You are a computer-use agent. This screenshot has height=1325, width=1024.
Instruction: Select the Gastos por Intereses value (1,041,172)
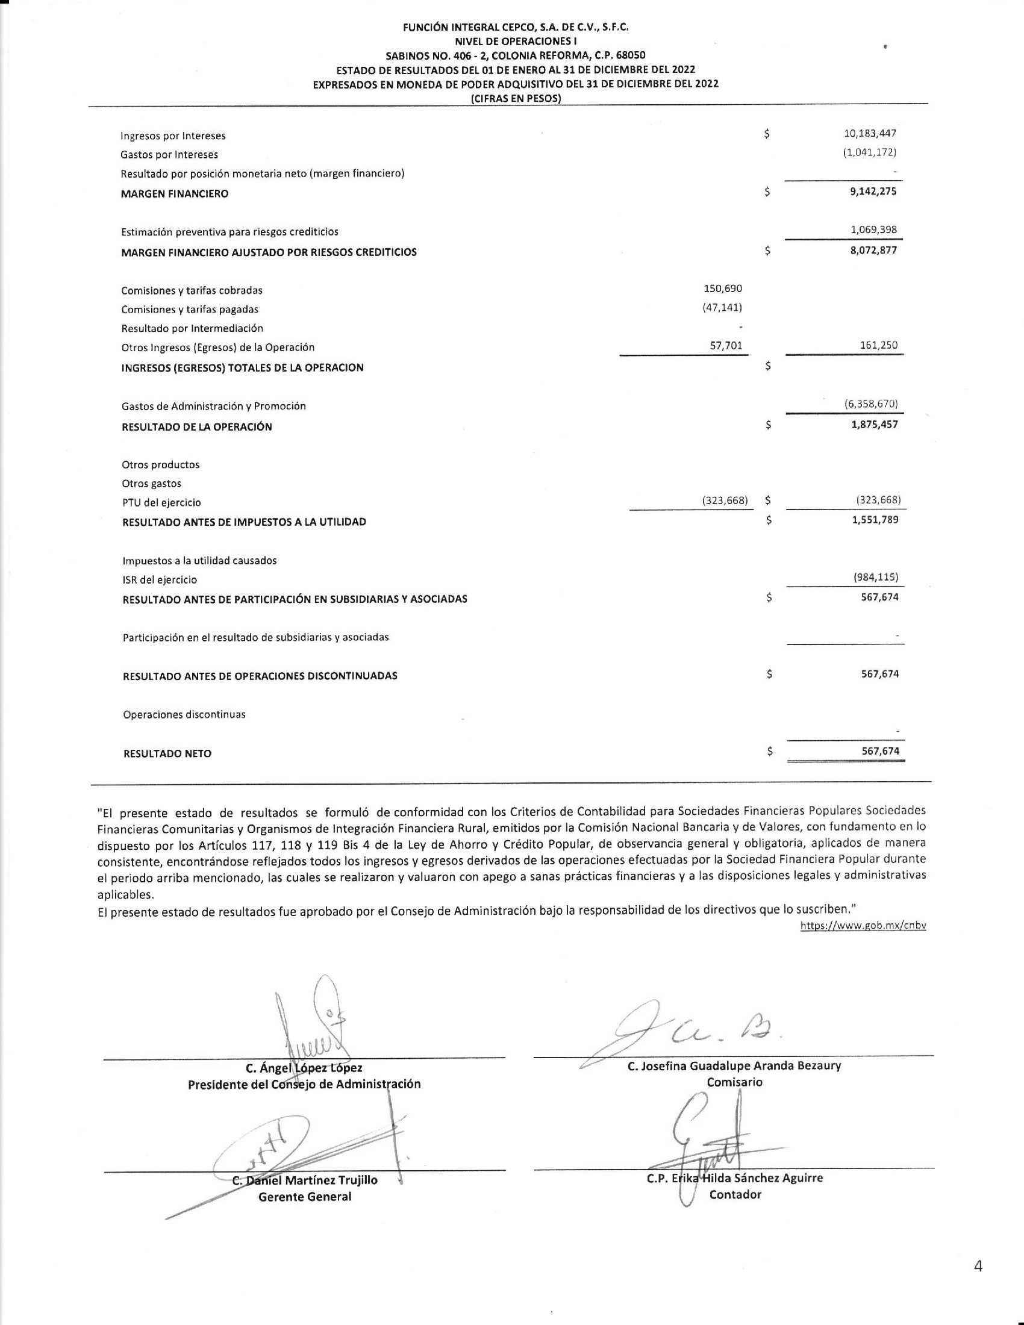point(869,152)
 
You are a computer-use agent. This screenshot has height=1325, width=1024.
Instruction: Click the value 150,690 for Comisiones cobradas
point(722,288)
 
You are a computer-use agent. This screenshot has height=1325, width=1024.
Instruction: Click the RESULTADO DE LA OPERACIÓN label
point(196,427)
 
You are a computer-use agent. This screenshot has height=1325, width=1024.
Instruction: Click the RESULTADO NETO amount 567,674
point(880,751)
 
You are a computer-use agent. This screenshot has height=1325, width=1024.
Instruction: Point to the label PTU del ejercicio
point(161,503)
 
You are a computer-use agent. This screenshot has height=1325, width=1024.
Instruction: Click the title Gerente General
point(305,1197)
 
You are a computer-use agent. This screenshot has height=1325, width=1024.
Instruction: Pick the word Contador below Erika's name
point(735,1194)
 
